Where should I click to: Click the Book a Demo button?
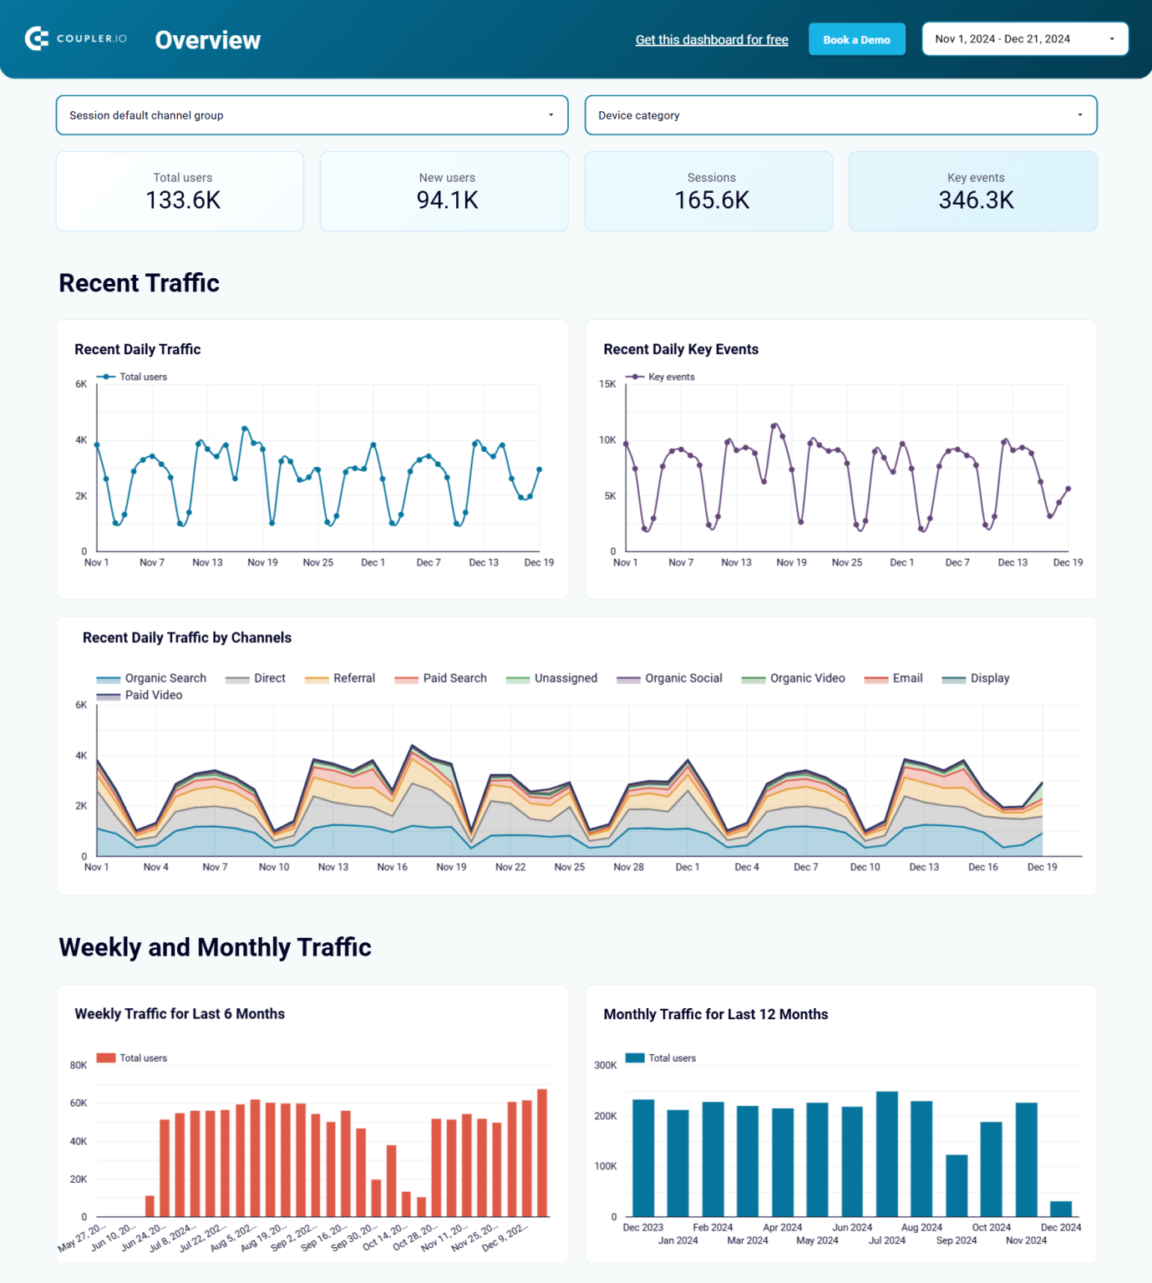856,39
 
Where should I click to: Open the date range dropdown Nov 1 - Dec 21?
1024,39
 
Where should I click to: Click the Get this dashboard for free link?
712,39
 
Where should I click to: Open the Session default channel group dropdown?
312,115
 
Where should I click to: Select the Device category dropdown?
840,115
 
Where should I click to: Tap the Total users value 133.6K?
183,200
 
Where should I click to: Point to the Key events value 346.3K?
976,200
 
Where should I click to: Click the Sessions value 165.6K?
712,200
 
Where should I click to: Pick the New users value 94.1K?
447,200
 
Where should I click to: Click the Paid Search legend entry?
454,678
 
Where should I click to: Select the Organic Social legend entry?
683,678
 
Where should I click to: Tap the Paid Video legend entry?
153,695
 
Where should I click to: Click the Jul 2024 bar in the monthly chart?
886,1153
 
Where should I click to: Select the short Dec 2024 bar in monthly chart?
1060,1209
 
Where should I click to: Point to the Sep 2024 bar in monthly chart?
957,1185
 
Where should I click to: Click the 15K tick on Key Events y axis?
607,384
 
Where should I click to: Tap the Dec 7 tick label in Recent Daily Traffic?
429,562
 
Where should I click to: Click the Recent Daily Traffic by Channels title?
187,637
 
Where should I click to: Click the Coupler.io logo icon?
37,38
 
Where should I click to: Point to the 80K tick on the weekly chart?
79,1065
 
